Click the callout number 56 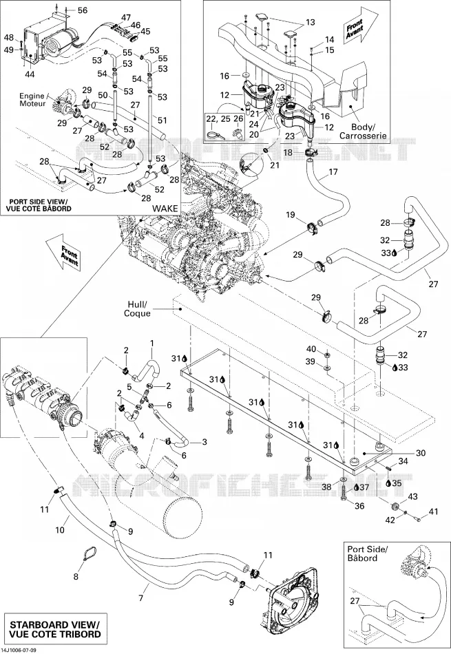(x=83, y=10)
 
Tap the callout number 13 (x=310, y=22)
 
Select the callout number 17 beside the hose (x=333, y=171)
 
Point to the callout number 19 (x=291, y=215)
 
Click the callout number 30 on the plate (x=420, y=453)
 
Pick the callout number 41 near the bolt (x=434, y=511)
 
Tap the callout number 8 (x=76, y=577)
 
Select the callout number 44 (x=30, y=74)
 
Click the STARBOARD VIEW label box (x=55, y=629)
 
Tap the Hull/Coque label (x=137, y=308)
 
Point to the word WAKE (x=165, y=208)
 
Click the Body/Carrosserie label (x=363, y=131)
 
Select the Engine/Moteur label (x=32, y=99)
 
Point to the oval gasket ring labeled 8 (x=90, y=554)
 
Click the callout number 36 (x=359, y=506)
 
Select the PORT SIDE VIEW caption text (x=41, y=205)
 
